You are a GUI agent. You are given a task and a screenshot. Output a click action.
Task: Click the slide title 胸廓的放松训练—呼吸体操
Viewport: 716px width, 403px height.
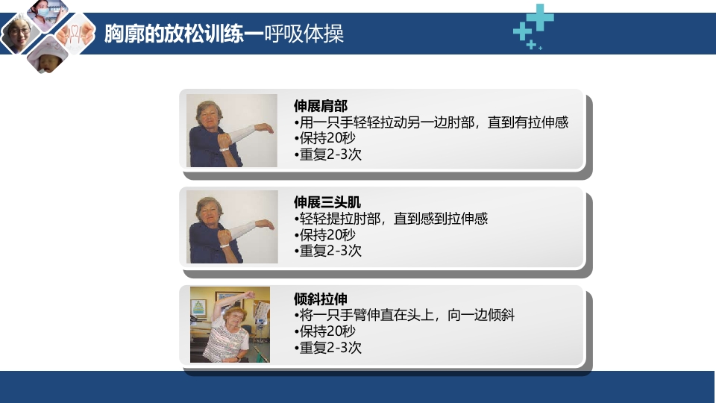224,35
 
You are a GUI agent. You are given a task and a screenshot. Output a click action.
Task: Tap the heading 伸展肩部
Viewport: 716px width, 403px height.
321,106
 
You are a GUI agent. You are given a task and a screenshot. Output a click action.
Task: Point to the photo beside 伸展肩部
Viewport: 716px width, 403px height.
231,131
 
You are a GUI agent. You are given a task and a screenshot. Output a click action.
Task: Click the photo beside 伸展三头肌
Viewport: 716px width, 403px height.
231,227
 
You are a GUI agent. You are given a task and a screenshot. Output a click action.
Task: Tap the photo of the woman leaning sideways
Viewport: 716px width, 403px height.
230,325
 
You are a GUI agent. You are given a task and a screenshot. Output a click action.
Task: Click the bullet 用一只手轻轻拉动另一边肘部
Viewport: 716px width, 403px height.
432,122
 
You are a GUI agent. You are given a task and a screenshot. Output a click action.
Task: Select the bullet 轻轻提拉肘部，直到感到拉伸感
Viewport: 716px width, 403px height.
392,219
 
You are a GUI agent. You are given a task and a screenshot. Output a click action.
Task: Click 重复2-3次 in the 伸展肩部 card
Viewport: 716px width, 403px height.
328,155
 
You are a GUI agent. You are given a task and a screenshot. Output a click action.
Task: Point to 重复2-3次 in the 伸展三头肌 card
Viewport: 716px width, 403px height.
328,252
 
